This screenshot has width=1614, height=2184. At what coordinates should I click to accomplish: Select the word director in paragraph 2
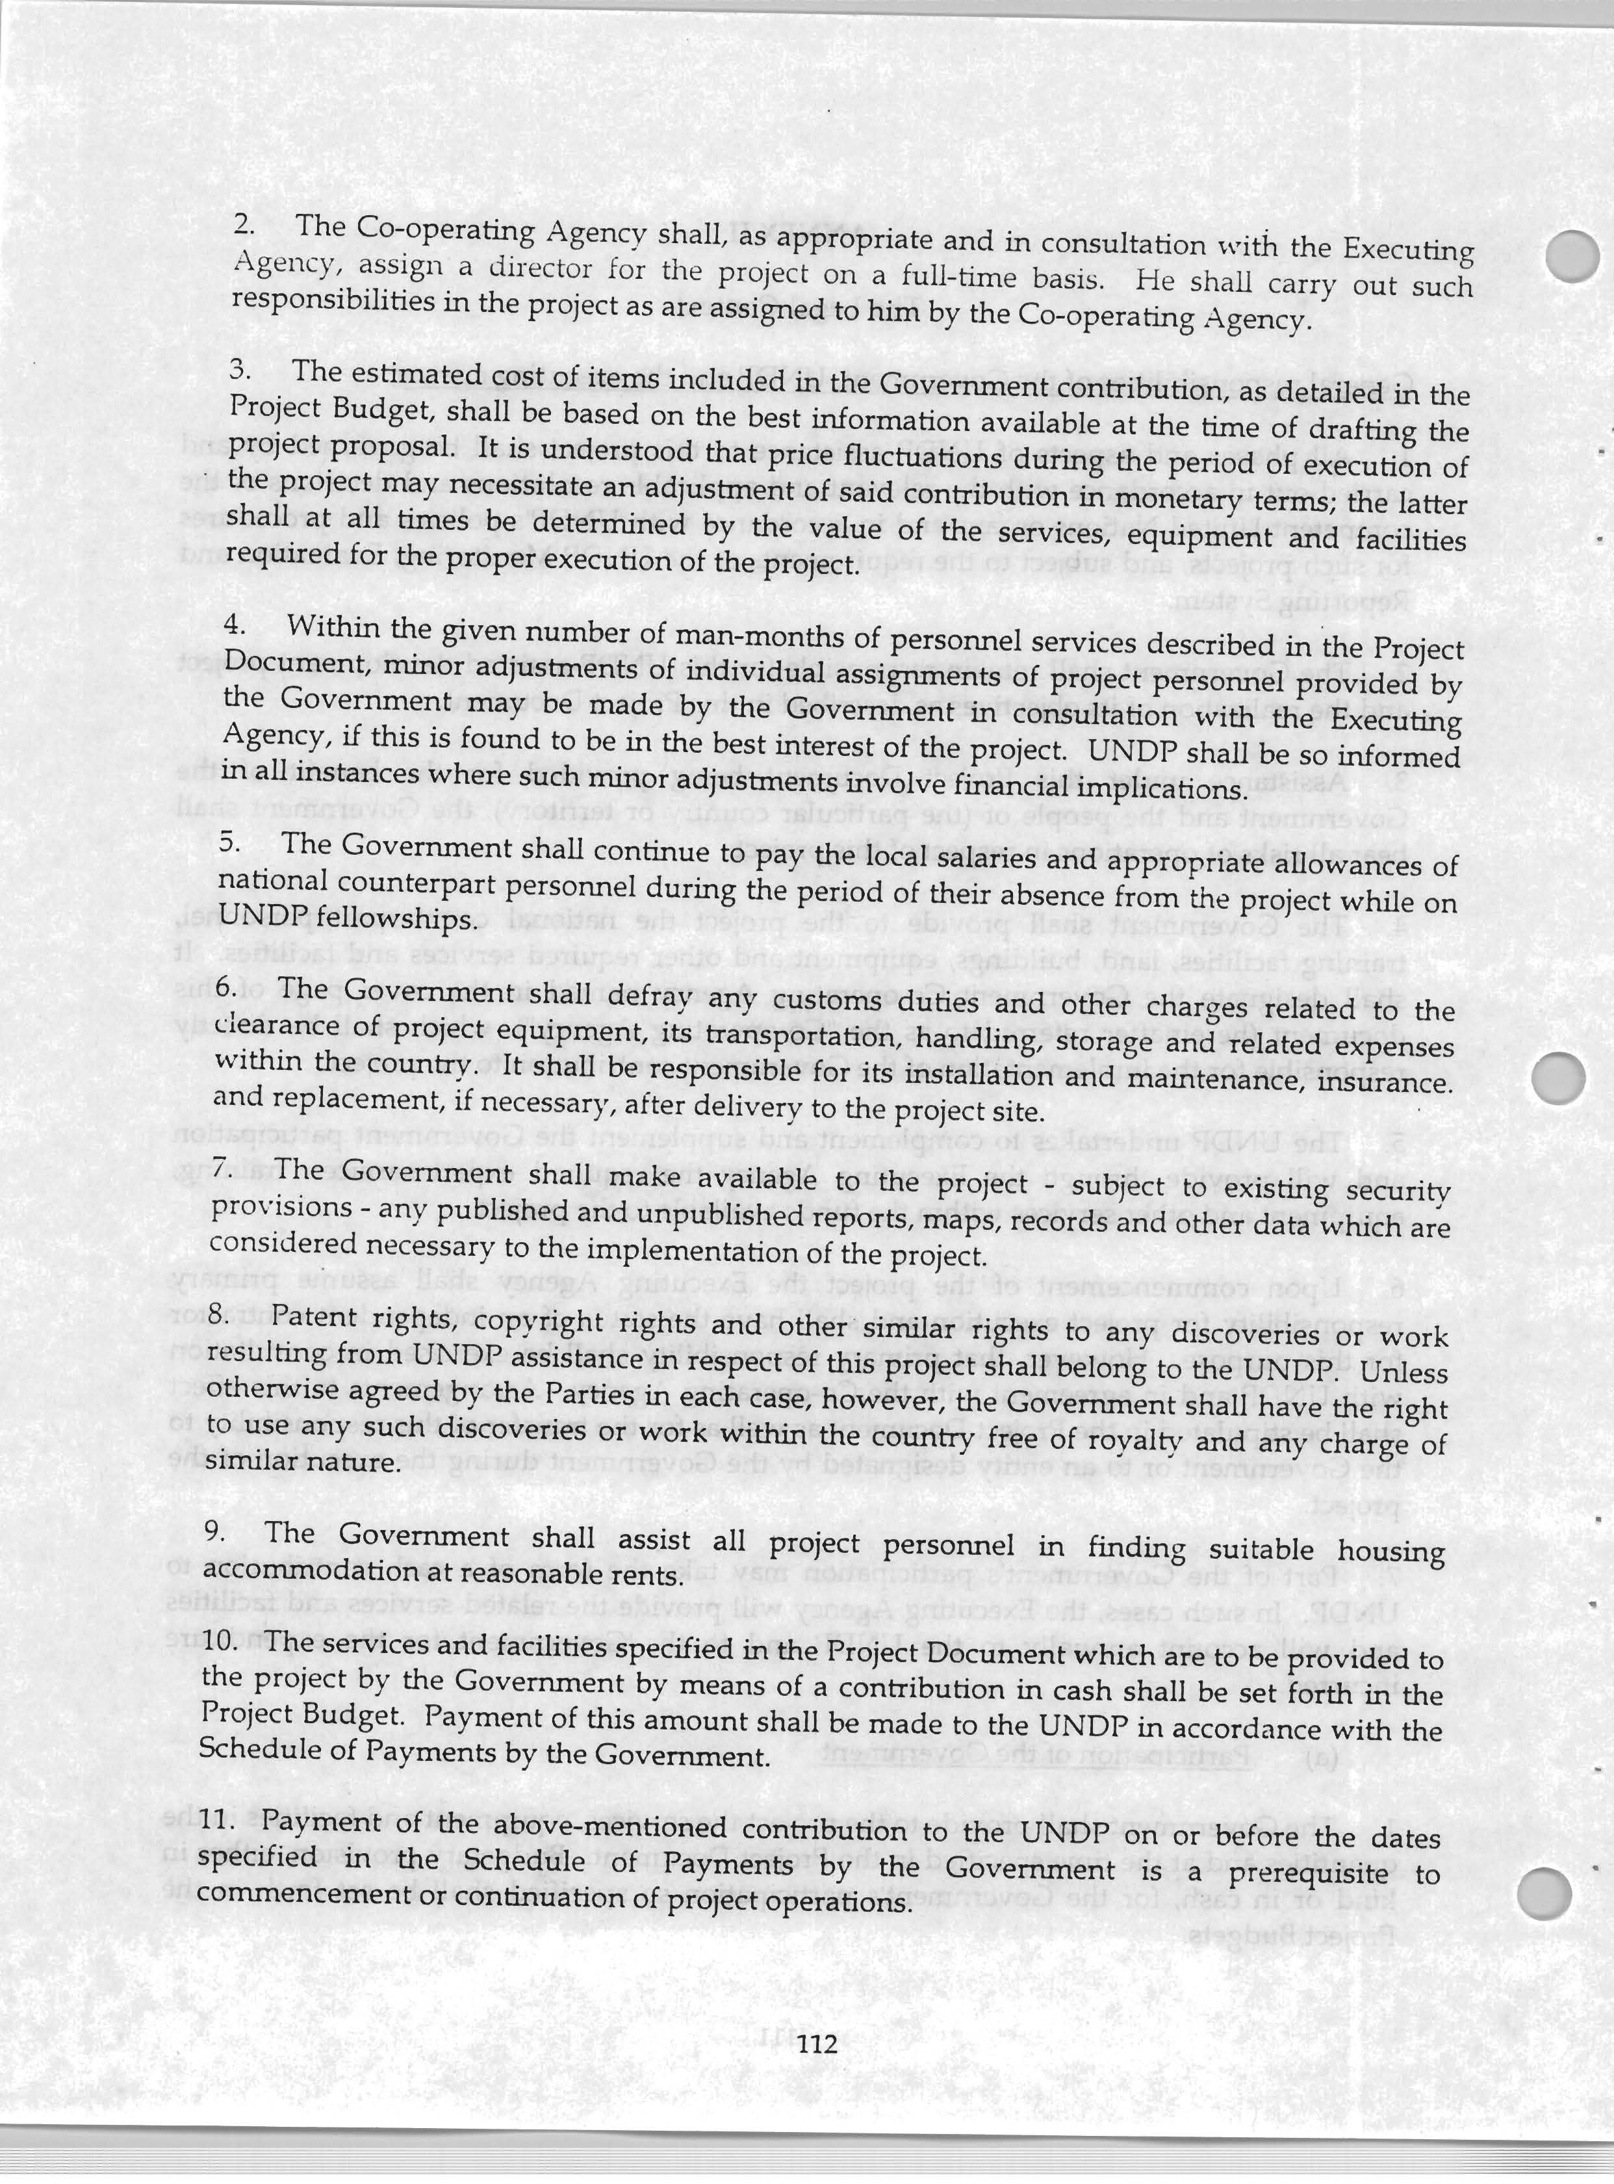point(539,268)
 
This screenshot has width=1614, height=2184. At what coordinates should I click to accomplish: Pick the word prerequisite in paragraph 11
point(1307,1873)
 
